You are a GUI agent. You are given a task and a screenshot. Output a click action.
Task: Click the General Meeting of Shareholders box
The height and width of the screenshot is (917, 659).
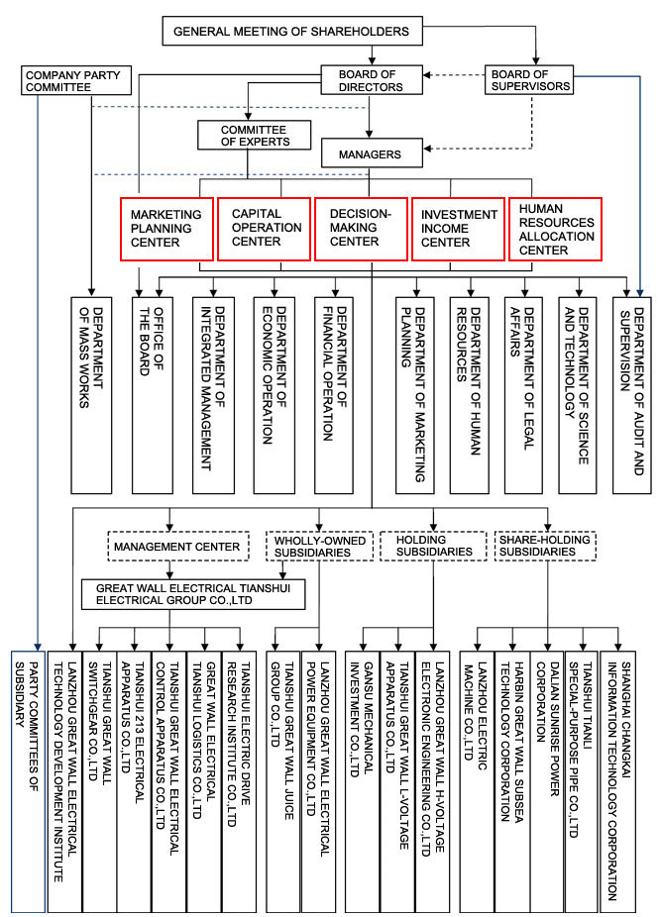pos(292,31)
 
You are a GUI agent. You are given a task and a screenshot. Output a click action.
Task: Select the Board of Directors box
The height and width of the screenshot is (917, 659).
pos(372,80)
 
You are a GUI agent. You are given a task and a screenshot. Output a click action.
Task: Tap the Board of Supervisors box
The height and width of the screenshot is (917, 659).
pos(529,80)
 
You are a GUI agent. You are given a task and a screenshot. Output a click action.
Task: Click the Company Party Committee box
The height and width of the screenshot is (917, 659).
pos(76,80)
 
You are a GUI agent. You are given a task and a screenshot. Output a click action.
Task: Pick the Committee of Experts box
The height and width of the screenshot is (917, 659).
pos(255,135)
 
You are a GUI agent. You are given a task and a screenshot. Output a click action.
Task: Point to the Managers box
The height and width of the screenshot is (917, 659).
pos(372,153)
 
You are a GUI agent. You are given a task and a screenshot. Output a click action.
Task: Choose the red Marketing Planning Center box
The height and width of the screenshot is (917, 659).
pos(166,229)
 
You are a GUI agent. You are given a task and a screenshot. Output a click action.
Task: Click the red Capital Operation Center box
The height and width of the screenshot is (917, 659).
pos(264,229)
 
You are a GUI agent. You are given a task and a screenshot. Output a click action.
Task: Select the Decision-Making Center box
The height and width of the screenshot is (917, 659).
pos(361,229)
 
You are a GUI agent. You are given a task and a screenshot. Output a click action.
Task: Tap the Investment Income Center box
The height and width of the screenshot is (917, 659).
pos(458,229)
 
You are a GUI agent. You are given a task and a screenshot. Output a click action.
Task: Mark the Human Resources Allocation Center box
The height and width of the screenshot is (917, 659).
pos(555,229)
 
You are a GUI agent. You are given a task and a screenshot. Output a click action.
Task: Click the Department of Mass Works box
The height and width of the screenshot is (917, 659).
pos(91,395)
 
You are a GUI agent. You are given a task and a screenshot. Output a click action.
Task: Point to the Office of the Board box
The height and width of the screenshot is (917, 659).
pos(153,395)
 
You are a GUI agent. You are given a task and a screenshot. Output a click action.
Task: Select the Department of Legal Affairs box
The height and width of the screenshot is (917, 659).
pos(523,395)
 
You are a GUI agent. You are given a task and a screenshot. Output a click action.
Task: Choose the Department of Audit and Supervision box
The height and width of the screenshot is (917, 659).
pos(632,395)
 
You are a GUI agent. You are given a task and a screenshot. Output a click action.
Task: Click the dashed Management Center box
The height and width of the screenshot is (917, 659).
pos(178,547)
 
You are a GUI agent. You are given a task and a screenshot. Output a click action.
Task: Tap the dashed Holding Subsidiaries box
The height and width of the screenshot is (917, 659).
pos(433,547)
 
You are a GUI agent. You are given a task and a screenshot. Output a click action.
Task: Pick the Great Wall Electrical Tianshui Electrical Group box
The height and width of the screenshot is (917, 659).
pos(193,594)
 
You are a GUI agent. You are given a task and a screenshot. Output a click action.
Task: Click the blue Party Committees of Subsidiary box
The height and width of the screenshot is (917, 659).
pos(28,782)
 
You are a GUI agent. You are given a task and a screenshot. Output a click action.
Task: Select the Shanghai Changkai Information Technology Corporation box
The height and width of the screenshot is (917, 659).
pos(617,782)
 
